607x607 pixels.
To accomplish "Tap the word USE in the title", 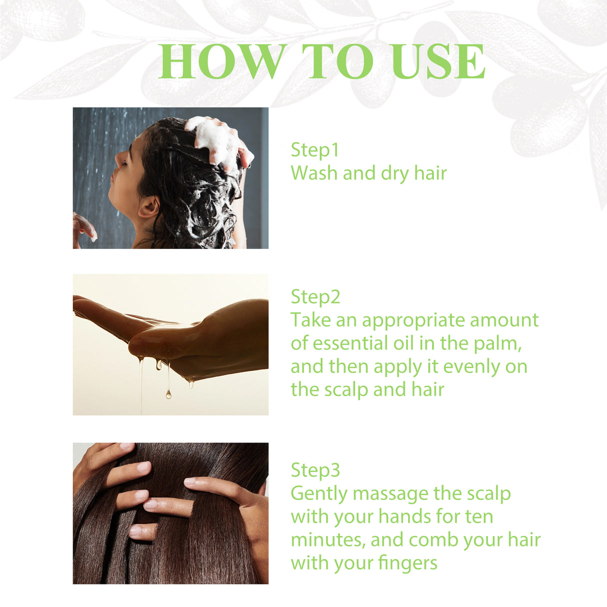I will click(438, 62).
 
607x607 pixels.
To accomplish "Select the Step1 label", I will click(315, 150).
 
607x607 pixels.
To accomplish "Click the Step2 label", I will click(315, 297).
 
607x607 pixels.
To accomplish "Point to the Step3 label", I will click(315, 470).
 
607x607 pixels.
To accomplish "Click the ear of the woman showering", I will click(149, 206).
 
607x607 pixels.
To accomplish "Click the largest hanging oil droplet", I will click(168, 394).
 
